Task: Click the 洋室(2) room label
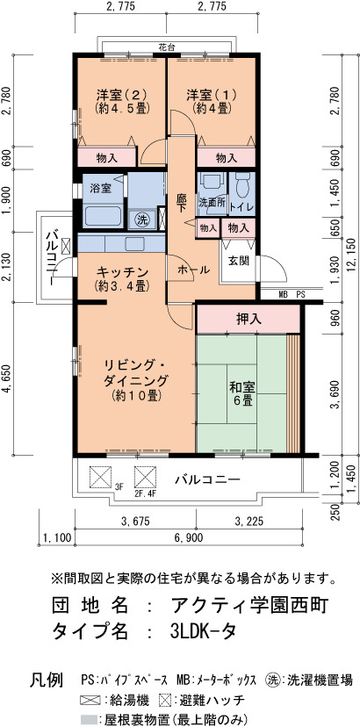[122, 102]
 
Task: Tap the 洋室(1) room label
[212, 102]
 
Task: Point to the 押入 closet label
[248, 319]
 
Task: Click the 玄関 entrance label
[239, 261]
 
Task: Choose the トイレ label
[242, 208]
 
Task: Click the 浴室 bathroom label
[100, 188]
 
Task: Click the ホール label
[193, 270]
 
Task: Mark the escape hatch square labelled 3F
[100, 477]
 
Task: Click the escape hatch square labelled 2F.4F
[145, 477]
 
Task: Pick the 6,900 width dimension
[188, 538]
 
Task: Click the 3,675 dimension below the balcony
[135, 522]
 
